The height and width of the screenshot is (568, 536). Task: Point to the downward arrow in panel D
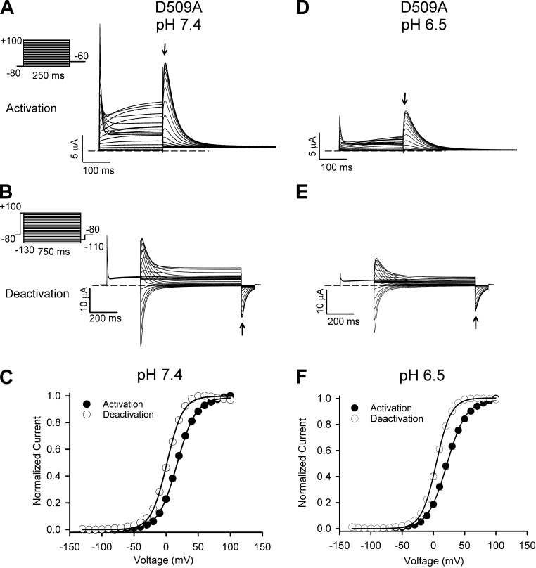tap(405, 98)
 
